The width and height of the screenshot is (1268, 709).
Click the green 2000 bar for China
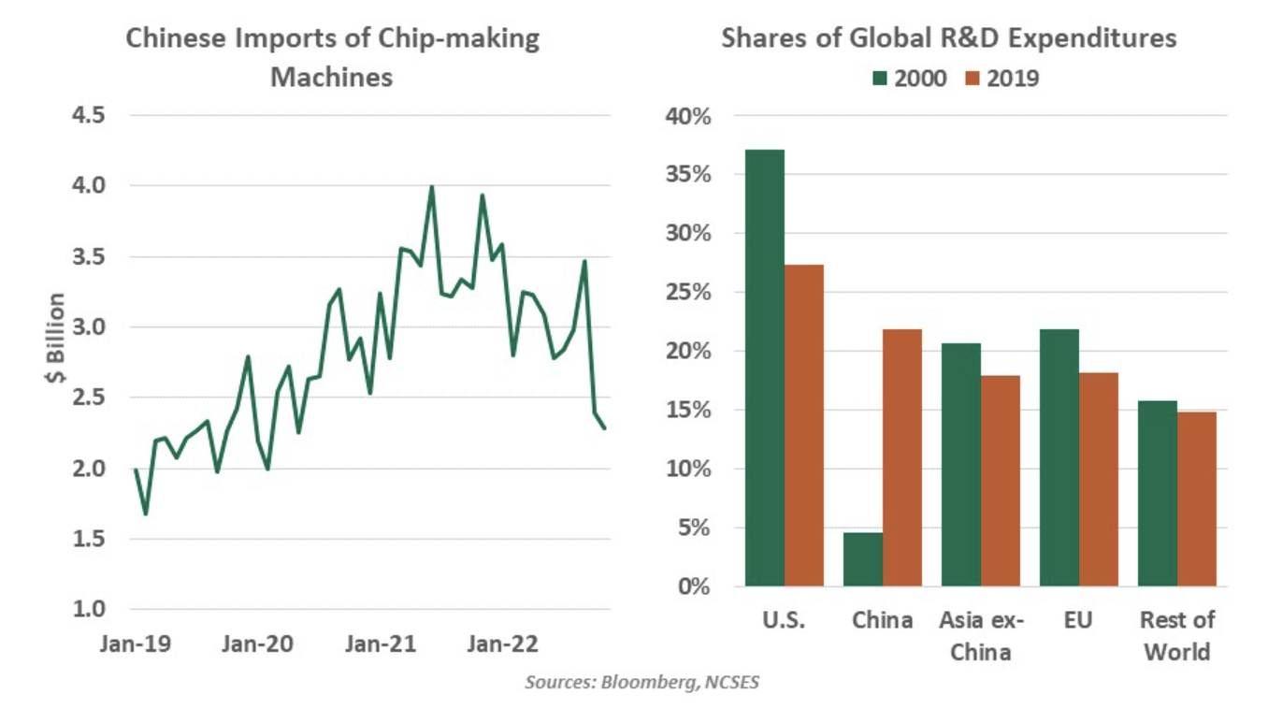(863, 559)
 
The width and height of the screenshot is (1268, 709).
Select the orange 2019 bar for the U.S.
(804, 426)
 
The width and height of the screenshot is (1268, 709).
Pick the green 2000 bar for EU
(1059, 458)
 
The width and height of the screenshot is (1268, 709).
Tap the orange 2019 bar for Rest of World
(1197, 499)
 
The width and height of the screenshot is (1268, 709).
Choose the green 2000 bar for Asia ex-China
(961, 465)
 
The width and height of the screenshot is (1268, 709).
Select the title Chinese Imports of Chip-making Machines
(332, 57)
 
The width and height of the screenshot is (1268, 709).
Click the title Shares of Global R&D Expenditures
(948, 38)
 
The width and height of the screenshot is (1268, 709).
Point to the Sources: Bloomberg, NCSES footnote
(641, 682)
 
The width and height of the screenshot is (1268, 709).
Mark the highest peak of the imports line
(431, 186)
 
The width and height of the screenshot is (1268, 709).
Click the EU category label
(1078, 621)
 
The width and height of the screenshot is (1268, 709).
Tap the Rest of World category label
(1177, 636)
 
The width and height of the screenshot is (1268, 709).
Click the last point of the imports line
(605, 428)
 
